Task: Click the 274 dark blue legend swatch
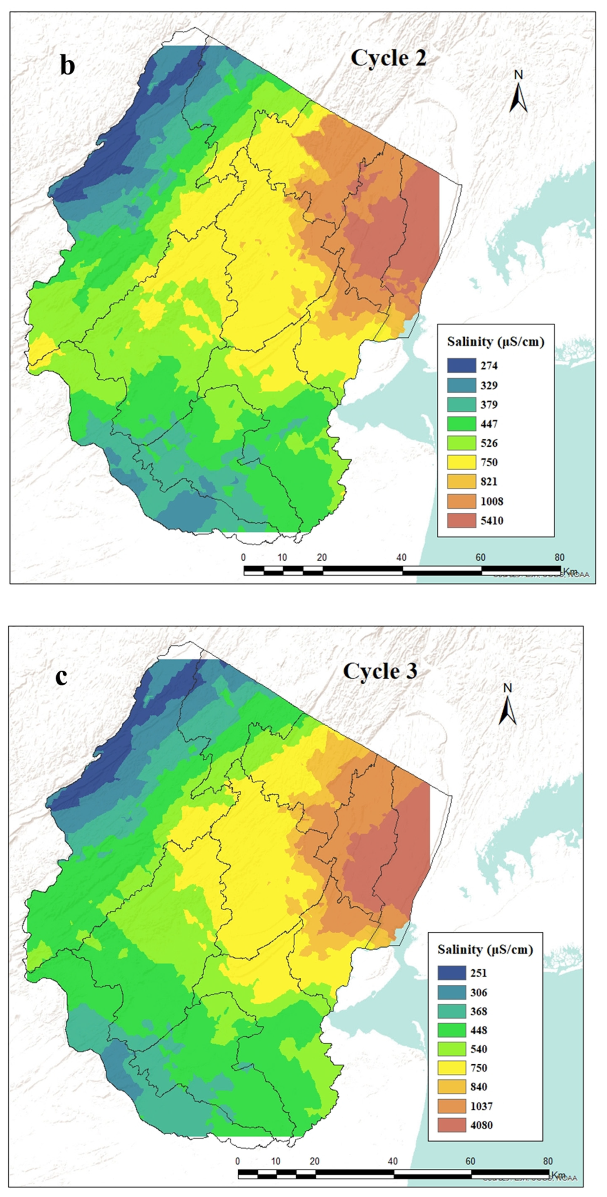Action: click(x=461, y=366)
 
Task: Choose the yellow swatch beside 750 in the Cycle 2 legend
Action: click(x=461, y=462)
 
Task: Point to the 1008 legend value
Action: click(x=492, y=501)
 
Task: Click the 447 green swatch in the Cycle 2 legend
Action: click(x=461, y=424)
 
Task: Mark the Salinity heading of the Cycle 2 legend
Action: click(x=495, y=342)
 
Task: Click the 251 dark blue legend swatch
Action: click(x=451, y=973)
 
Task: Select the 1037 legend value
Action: click(x=481, y=1106)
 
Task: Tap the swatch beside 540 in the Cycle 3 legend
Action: click(x=451, y=1049)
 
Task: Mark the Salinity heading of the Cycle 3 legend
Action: click(x=485, y=949)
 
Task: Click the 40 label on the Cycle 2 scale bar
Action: click(x=401, y=558)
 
